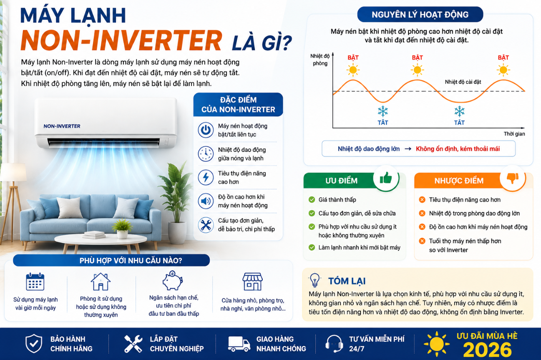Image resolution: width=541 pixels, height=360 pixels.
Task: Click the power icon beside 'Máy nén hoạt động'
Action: point(206,130)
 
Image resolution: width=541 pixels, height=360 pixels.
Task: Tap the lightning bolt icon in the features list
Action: point(206,177)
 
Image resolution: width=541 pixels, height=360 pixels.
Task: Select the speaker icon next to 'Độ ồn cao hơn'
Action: point(206,201)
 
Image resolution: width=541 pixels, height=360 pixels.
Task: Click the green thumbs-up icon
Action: point(386,178)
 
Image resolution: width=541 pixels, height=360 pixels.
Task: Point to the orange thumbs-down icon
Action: point(513,178)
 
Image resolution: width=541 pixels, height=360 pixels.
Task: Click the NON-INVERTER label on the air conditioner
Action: point(62,126)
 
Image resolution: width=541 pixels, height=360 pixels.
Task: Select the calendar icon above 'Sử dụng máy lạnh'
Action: point(35,282)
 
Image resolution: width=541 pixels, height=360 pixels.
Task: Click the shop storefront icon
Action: point(252,282)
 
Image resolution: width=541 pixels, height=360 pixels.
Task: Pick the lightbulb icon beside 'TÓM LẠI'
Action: point(315,280)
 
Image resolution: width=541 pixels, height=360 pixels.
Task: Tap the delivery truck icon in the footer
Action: point(239,344)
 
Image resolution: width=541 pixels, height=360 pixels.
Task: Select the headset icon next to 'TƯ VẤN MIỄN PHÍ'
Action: point(334,344)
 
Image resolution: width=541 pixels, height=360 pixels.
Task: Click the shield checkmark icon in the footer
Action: point(34,344)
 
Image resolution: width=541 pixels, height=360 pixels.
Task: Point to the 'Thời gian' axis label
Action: point(514,134)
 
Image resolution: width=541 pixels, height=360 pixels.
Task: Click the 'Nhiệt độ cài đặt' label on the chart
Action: point(463,82)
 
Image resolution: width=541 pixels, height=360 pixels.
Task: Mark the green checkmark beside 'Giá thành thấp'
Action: point(312,199)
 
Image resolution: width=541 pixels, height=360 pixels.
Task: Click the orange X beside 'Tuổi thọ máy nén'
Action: point(422,241)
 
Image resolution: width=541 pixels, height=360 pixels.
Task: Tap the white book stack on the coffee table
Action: point(94,234)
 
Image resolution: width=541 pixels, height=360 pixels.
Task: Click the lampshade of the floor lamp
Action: point(14,172)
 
